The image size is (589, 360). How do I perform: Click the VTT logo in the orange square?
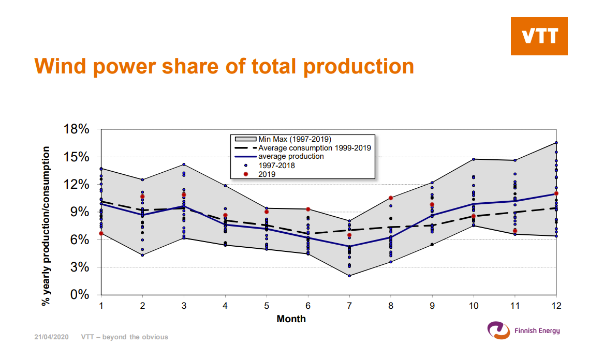tap(539, 36)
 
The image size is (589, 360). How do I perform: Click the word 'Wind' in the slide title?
tap(61, 66)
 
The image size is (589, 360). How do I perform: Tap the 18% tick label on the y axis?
tap(76, 129)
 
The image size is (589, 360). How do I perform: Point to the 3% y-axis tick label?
tap(80, 267)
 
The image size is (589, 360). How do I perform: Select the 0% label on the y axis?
tap(80, 295)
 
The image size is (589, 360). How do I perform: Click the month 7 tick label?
tap(349, 306)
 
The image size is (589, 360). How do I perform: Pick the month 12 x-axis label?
tap(556, 306)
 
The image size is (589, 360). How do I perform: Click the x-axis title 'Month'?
tap(291, 319)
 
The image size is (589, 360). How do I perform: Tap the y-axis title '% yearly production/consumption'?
tap(46, 226)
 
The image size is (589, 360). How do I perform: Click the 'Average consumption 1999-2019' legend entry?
tap(303, 148)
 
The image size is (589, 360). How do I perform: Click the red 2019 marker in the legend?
tap(246, 174)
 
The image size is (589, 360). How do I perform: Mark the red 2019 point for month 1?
tap(101, 233)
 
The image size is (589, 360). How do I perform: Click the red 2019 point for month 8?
tap(391, 198)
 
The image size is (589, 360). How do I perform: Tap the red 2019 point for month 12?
tap(556, 193)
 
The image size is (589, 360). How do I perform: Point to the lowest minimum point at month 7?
tap(349, 276)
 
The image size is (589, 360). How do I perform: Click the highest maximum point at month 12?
tap(556, 143)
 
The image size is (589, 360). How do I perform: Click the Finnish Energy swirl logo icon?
tap(498, 331)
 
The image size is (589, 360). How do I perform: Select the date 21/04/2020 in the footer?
tap(51, 337)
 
